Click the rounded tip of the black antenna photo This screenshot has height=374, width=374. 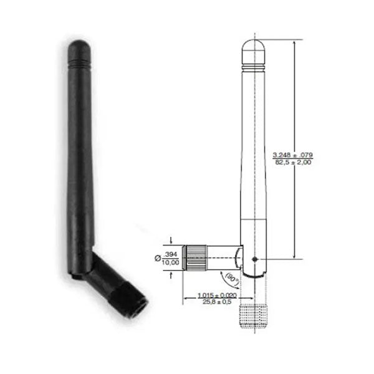[79, 47]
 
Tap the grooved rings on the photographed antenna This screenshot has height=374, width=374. [79, 63]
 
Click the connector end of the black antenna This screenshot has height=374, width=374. [136, 307]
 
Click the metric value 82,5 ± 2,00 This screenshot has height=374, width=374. [293, 161]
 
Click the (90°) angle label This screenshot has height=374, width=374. [232, 275]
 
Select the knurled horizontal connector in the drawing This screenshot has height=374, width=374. [198, 256]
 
